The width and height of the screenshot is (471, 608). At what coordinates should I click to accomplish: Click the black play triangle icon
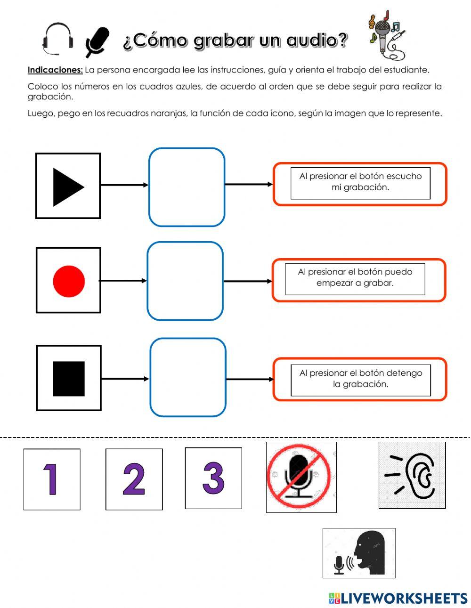tap(67, 187)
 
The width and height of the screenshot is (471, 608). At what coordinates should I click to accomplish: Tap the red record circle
tap(69, 281)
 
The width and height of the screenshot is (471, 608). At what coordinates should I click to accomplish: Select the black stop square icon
tap(69, 379)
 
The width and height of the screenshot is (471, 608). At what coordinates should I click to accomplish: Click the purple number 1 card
tap(52, 479)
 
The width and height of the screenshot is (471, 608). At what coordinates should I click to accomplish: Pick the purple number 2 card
tap(134, 479)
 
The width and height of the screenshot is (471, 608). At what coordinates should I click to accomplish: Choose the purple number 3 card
tap(213, 478)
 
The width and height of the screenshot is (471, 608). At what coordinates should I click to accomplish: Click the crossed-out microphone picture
tap(301, 477)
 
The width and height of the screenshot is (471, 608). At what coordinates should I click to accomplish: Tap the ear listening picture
tap(412, 475)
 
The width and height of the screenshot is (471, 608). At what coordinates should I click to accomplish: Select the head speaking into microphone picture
tap(359, 553)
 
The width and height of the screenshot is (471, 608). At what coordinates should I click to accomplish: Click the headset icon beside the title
tap(58, 37)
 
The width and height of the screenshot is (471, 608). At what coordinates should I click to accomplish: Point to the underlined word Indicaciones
tap(55, 70)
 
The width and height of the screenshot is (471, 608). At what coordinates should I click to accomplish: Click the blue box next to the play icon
tap(187, 187)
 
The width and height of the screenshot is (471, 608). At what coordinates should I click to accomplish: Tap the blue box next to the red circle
tap(185, 281)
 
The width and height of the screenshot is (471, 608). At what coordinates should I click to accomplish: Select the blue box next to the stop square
tap(188, 378)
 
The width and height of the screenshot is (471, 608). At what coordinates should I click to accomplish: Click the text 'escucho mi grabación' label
tap(360, 182)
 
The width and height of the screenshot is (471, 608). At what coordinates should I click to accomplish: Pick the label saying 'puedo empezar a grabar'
tap(355, 278)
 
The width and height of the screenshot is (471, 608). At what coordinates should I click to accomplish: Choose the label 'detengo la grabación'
tap(361, 379)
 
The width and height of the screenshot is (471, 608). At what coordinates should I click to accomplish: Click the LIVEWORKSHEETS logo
tap(398, 598)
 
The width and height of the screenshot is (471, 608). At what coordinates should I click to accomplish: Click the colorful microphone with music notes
tap(385, 35)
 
